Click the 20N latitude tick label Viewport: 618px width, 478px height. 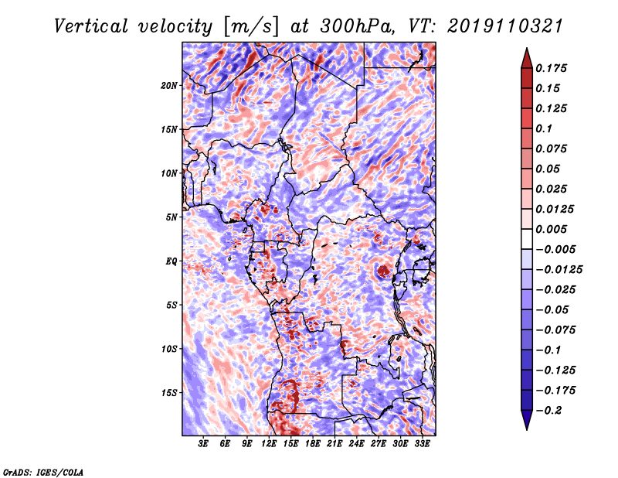click(x=169, y=86)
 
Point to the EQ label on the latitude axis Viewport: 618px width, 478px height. click(x=171, y=261)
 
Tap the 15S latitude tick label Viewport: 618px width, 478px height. click(x=169, y=393)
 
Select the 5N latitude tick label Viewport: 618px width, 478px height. click(x=171, y=217)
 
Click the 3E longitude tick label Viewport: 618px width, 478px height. click(x=203, y=444)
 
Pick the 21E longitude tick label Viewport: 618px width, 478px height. click(x=334, y=444)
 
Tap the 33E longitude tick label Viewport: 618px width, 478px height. click(x=422, y=444)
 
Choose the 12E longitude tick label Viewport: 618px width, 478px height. click(x=269, y=444)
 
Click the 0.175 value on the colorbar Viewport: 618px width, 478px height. click(x=551, y=68)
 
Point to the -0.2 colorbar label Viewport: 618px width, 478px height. click(x=548, y=411)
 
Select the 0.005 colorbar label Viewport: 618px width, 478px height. click(x=551, y=229)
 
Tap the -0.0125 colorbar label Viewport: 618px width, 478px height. click(x=559, y=270)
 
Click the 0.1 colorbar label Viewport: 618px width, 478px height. click(x=544, y=128)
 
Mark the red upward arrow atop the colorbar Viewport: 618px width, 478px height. click(x=527, y=59)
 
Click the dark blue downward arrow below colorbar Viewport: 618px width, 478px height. click(x=527, y=420)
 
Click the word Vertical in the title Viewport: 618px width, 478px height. click(x=91, y=26)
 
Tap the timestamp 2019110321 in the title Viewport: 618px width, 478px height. click(x=505, y=26)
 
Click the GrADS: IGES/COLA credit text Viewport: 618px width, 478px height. click(x=42, y=472)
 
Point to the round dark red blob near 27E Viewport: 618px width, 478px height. click(x=382, y=271)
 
